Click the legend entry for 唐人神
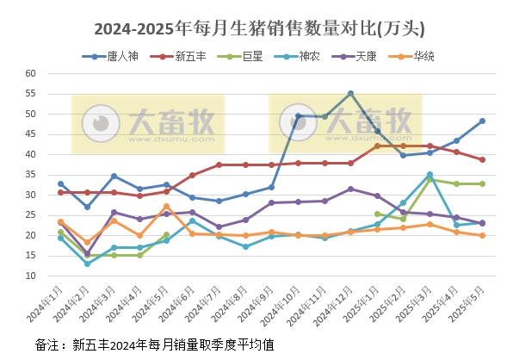coord(113,57)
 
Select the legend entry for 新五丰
coord(182,57)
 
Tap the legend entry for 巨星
coord(246,57)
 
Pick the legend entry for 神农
coord(303,57)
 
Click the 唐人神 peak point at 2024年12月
coord(350,93)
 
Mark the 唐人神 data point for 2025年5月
coord(482,121)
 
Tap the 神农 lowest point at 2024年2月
coord(87,264)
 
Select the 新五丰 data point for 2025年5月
coord(482,159)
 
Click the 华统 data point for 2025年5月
coord(482,235)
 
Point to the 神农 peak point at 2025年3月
coord(430,175)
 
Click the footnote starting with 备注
coord(154,344)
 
